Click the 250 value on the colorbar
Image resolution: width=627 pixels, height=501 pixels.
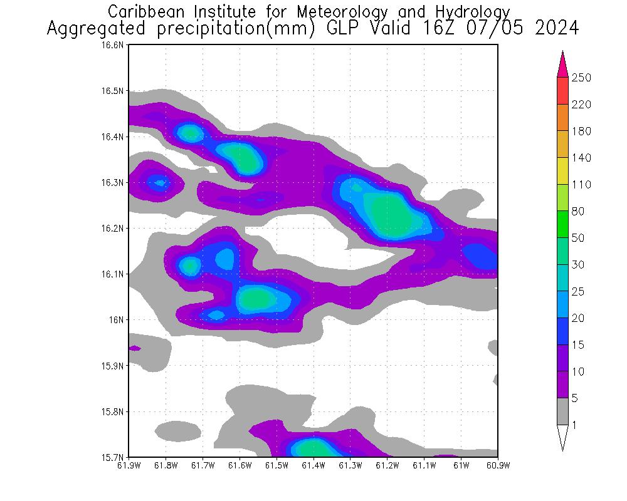pyautogui.click(x=582, y=78)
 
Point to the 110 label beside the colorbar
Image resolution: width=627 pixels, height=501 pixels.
pyautogui.click(x=581, y=185)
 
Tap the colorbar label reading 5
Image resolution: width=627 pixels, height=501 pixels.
pyautogui.click(x=575, y=398)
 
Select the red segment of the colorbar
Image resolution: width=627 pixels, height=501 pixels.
pyautogui.click(x=562, y=90)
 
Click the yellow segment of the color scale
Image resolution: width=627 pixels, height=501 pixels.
pyautogui.click(x=562, y=170)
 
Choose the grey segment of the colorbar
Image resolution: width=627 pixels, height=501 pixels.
pyautogui.click(x=562, y=411)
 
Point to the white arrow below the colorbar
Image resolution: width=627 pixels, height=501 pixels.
pyautogui.click(x=562, y=436)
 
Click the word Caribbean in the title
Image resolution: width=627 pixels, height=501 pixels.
pyautogui.click(x=141, y=11)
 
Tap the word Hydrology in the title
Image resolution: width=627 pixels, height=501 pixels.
pyautogui.click(x=472, y=11)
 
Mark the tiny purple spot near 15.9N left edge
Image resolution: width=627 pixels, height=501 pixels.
pyautogui.click(x=134, y=348)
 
